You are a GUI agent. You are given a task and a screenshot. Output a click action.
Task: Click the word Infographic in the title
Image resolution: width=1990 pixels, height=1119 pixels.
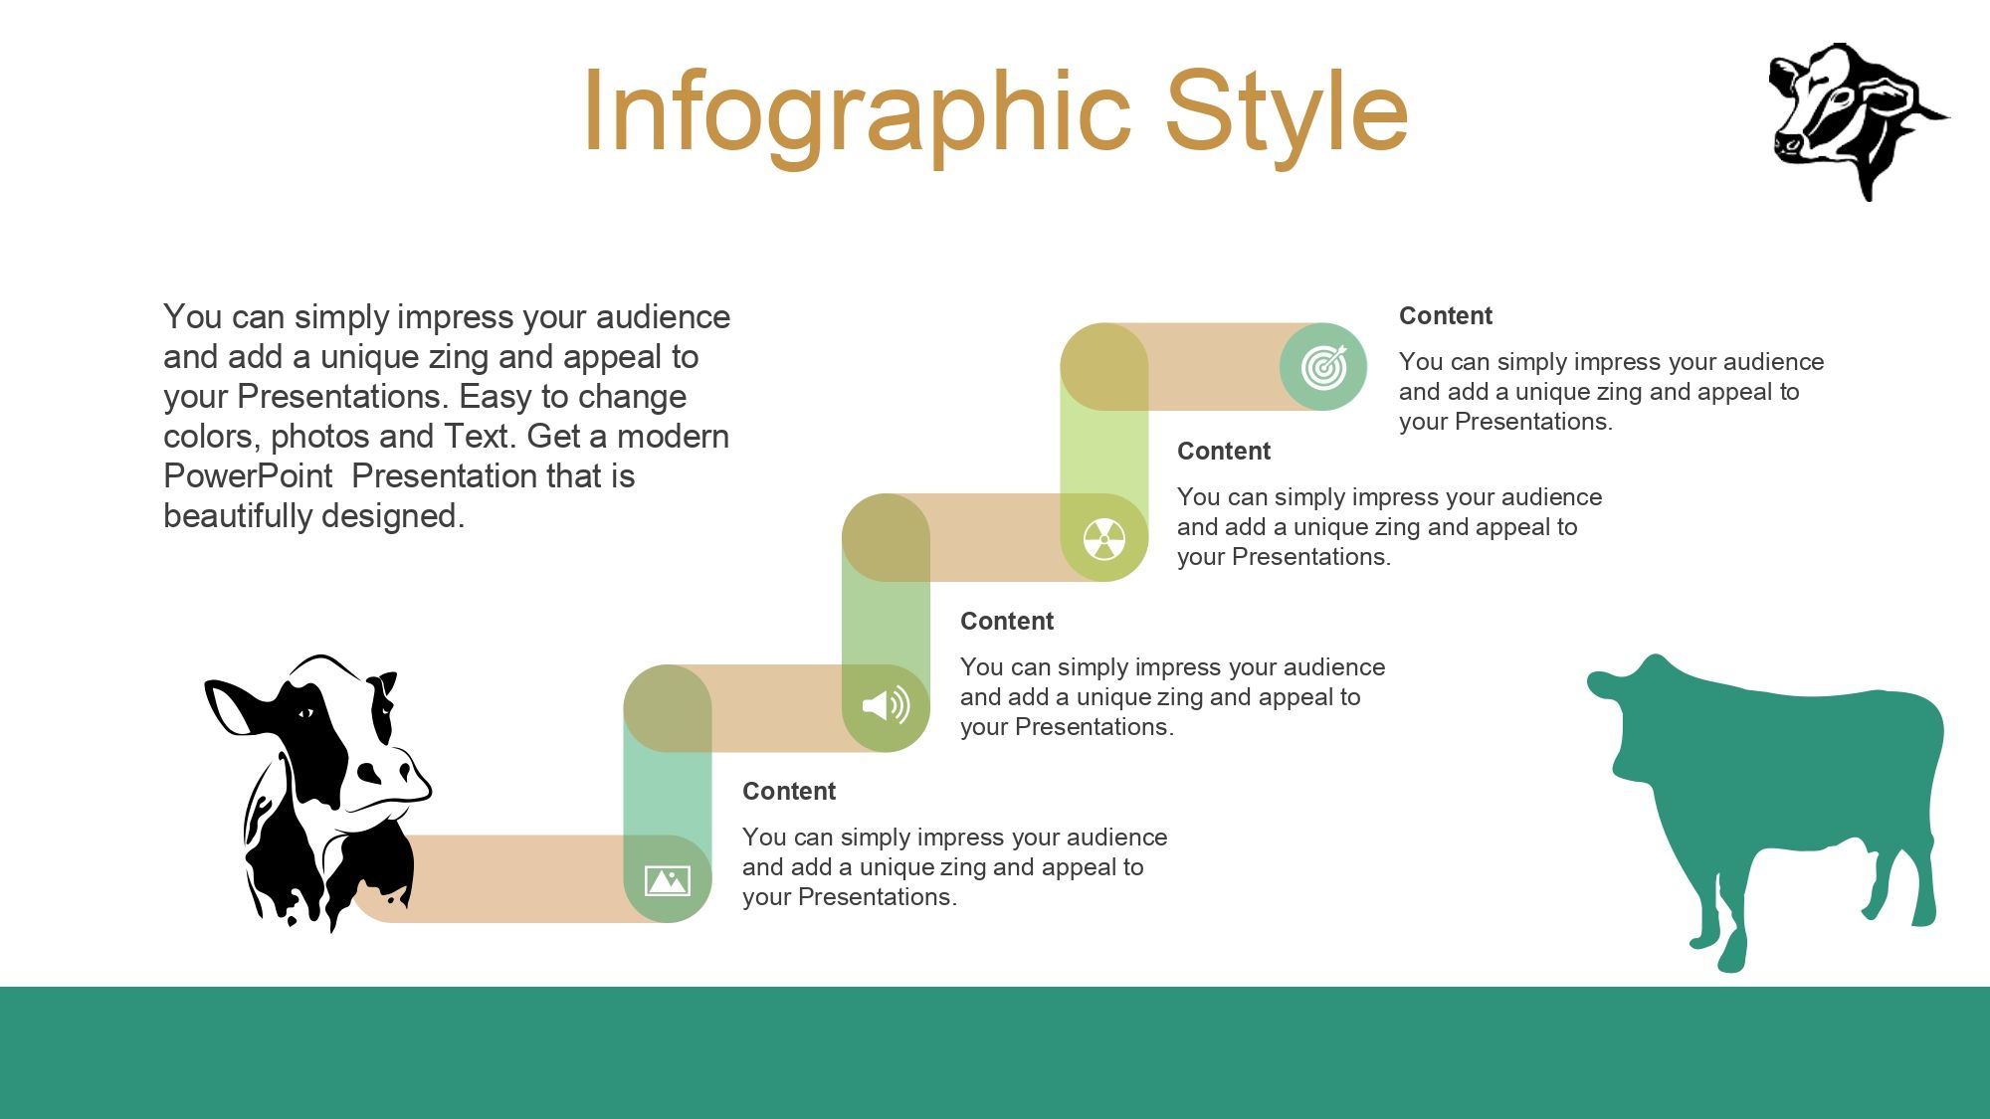point(857,114)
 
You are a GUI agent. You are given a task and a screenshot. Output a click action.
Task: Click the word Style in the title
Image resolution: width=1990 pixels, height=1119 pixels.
point(1286,114)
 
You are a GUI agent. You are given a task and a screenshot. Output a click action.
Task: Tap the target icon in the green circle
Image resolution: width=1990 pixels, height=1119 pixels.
point(1323,367)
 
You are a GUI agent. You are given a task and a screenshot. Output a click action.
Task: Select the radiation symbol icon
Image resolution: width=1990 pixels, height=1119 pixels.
point(1104,538)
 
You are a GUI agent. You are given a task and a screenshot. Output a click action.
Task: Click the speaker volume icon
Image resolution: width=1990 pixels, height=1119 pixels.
point(886,706)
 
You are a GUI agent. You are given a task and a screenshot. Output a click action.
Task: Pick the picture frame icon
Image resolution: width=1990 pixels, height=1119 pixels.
point(668,880)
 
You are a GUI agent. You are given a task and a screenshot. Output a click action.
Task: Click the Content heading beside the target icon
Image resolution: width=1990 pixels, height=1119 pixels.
point(1446,316)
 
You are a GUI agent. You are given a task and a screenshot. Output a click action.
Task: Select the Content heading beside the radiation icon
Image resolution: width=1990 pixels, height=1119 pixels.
point(1224,452)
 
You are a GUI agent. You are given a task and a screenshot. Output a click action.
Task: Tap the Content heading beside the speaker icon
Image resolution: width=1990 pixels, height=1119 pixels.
point(1007,622)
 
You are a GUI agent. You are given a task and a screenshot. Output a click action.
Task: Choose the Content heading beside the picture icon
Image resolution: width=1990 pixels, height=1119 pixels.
point(789,792)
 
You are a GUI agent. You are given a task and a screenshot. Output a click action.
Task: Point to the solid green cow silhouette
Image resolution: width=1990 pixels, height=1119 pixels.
point(1771,796)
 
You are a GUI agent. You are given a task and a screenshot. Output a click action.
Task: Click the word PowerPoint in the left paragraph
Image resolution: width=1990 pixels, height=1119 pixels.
point(248,476)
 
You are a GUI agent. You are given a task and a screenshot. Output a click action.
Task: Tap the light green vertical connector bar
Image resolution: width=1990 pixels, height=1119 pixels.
point(1104,453)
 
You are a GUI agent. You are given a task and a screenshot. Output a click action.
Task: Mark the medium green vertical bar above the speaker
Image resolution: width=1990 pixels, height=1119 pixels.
point(886,623)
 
